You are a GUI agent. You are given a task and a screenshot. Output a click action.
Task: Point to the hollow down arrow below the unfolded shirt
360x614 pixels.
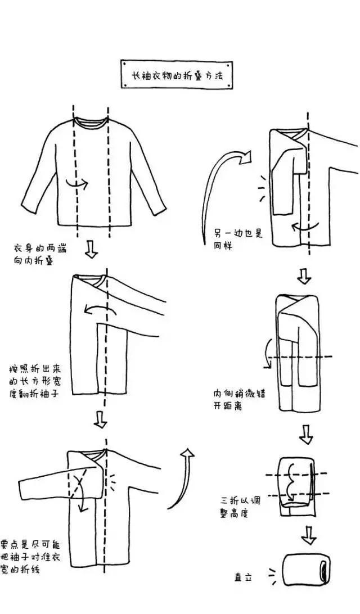[92, 250]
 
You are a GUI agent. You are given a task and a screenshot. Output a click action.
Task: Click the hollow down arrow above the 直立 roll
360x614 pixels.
[308, 535]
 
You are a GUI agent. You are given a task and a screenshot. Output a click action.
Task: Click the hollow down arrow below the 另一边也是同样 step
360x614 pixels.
[304, 276]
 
